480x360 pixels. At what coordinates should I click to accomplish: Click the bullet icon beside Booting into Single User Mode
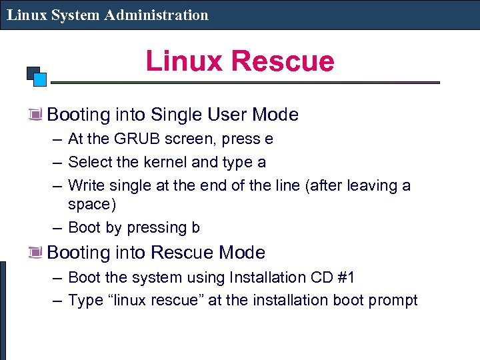[x=35, y=115]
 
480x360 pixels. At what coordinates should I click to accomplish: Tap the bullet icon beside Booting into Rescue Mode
[x=35, y=253]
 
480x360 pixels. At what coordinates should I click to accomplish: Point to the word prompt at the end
[x=393, y=301]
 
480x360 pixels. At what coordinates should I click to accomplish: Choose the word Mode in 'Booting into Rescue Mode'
[x=243, y=253]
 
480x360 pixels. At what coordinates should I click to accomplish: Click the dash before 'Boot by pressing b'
[x=57, y=227]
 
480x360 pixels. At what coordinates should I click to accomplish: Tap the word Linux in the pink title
[x=186, y=61]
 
